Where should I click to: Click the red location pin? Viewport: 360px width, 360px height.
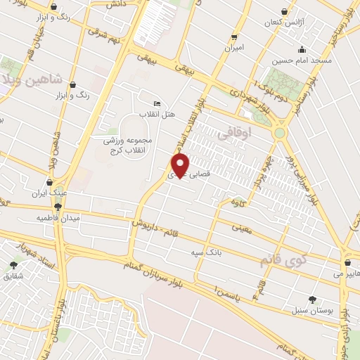[181, 166]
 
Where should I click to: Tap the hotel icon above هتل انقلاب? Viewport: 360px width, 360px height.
[157, 103]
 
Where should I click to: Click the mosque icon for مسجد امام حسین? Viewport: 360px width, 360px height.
[302, 49]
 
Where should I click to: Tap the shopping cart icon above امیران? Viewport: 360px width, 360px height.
[234, 37]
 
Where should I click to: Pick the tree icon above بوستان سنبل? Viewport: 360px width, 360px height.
[312, 299]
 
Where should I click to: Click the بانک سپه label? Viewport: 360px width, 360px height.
[202, 251]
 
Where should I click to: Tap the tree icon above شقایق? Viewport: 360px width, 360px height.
[13, 265]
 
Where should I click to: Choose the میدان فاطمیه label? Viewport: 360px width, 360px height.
[59, 218]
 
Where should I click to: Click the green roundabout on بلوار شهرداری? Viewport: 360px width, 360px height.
[280, 132]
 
